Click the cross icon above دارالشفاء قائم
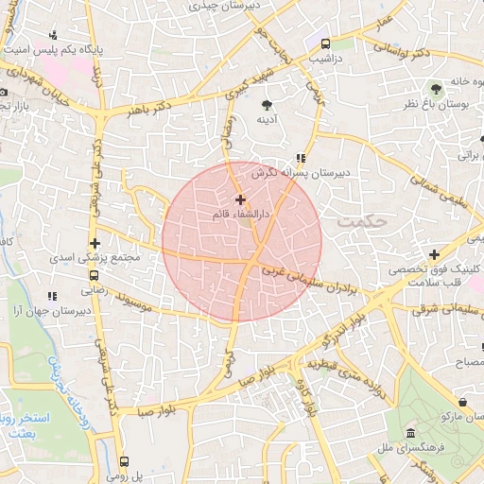click(x=240, y=199)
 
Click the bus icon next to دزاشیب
click(x=325, y=43)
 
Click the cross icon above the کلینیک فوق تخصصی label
click(x=433, y=254)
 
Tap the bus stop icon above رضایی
click(x=94, y=276)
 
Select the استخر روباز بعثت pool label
click(x=26, y=424)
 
